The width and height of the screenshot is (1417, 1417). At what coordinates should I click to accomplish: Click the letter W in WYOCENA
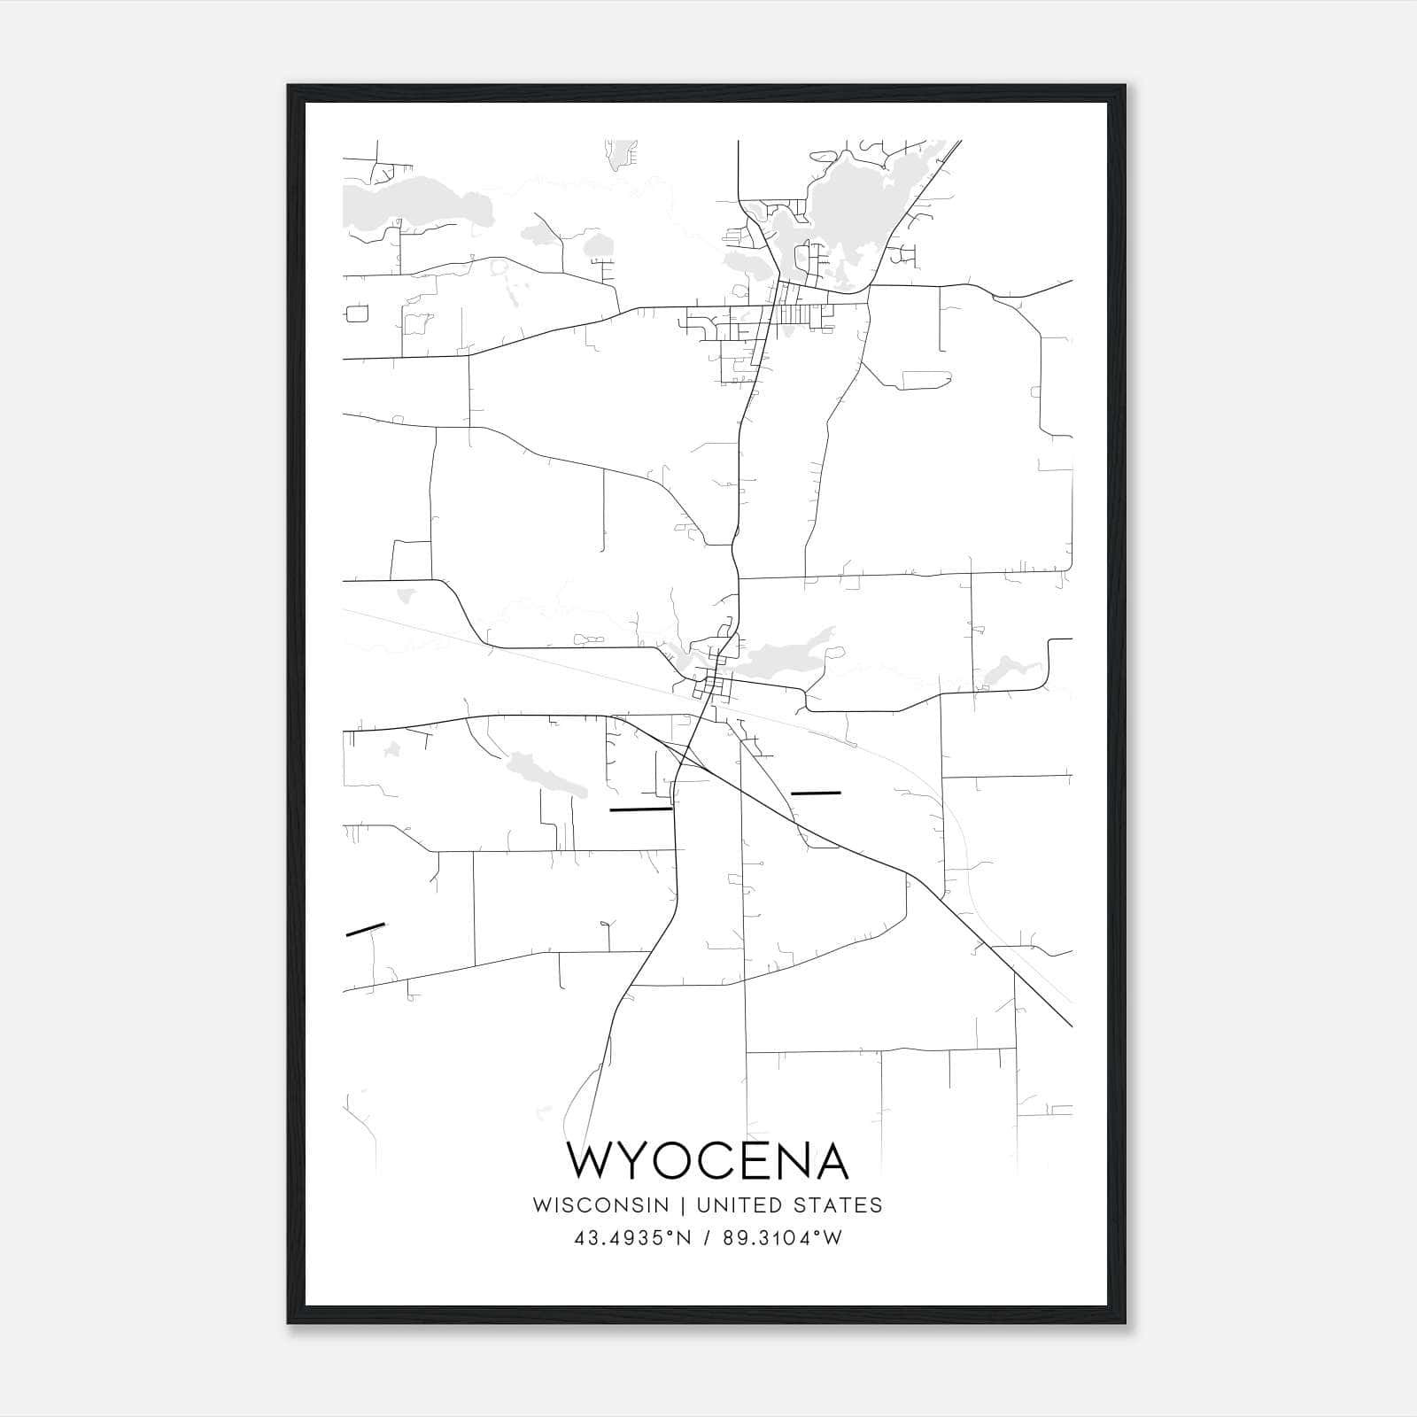594,1160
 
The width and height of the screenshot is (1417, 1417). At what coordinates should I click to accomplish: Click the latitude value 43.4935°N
631,1238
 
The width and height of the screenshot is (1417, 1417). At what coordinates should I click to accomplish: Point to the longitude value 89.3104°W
782,1238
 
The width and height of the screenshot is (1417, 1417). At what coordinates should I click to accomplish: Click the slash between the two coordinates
707,1238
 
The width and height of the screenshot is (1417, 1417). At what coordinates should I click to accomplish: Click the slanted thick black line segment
365,929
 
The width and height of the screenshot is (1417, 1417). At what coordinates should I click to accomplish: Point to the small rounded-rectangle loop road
357,314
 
